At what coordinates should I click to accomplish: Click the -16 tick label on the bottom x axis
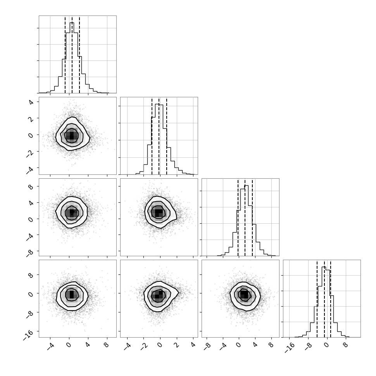click(290, 347)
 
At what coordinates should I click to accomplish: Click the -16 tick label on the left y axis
click(28, 335)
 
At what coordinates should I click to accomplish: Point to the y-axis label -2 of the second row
click(30, 154)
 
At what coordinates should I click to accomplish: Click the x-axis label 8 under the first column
click(107, 345)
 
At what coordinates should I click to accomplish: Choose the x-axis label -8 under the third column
click(207, 347)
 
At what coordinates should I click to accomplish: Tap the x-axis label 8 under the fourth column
click(345, 345)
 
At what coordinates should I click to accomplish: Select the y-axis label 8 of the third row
click(31, 186)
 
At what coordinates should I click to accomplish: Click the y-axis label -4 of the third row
click(30, 237)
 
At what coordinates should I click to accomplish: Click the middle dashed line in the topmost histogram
click(72, 54)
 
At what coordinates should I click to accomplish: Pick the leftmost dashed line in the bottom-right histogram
click(317, 298)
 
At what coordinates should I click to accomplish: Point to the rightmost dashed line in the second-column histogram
click(167, 136)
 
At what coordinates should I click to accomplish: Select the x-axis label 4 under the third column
click(255, 345)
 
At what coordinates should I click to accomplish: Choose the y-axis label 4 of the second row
click(31, 102)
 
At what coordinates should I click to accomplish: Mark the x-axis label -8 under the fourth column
click(309, 347)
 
